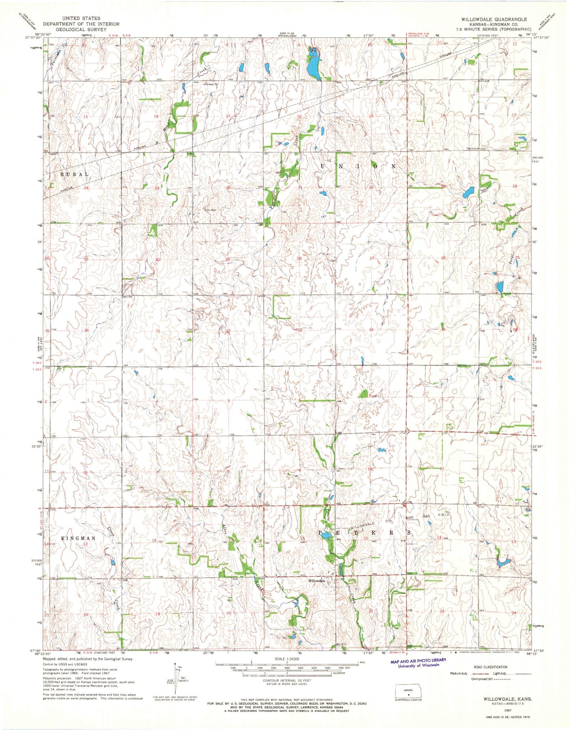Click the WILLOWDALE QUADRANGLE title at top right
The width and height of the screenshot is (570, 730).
click(x=491, y=19)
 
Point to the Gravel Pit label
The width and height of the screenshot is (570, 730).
click(x=211, y=84)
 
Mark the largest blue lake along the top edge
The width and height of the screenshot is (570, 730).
click(x=314, y=66)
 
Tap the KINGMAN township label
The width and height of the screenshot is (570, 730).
click(x=78, y=538)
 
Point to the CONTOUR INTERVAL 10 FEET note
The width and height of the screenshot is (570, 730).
click(x=287, y=680)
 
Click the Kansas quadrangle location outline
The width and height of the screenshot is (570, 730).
click(x=408, y=690)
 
